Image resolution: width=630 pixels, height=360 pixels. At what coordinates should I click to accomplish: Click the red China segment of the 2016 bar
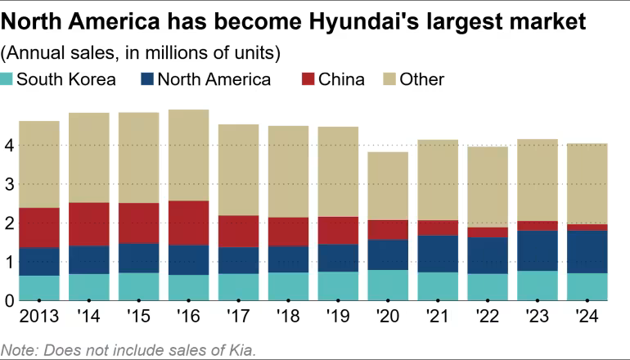[188, 223]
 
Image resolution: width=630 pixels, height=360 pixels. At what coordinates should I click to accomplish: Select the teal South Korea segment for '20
[389, 285]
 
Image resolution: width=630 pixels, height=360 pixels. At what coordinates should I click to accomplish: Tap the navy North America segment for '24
[587, 251]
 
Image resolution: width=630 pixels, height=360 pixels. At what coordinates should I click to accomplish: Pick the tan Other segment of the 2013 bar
[39, 164]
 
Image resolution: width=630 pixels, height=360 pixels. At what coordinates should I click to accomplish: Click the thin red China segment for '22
[488, 232]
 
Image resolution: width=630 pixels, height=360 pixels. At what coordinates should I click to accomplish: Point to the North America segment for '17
[239, 260]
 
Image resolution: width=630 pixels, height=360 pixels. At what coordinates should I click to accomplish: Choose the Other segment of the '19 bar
[339, 171]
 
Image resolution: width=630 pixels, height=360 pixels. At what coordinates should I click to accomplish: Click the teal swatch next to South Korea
[7, 79]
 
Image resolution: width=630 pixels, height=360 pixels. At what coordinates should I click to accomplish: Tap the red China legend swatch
[308, 79]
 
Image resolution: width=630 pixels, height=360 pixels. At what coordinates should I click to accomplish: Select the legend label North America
[214, 79]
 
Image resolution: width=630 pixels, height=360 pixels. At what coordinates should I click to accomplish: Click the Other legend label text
[422, 79]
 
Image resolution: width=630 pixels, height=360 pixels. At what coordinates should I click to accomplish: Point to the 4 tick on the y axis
[10, 146]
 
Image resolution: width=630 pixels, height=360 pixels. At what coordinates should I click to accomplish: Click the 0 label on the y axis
[10, 300]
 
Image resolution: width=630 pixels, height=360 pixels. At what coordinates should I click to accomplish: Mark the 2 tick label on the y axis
[10, 223]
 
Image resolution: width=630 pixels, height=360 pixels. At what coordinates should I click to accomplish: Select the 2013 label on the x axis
[39, 317]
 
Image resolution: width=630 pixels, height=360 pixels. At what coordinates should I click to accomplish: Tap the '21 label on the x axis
[439, 317]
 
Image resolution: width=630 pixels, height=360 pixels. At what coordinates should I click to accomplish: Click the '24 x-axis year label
[587, 317]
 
